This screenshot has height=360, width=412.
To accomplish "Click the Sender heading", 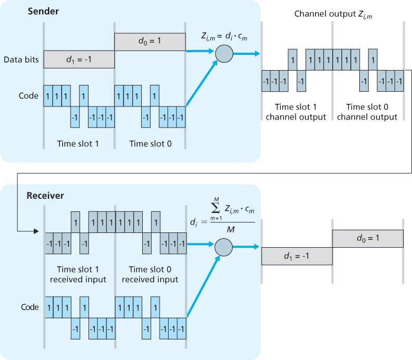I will [43, 11].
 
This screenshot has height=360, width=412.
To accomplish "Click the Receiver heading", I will [45, 196].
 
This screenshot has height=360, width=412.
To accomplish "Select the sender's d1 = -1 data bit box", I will [79, 60].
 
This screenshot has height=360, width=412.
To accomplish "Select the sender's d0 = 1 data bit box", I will [150, 41].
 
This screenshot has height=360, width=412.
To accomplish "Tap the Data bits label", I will [21, 60].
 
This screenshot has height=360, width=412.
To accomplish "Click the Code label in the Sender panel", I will [28, 95].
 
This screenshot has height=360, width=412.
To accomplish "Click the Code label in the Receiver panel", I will [30, 307].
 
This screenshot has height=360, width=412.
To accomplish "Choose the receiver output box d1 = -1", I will [297, 256].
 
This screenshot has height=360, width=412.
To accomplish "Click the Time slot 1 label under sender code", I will [78, 143].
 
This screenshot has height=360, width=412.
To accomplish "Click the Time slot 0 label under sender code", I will [150, 143].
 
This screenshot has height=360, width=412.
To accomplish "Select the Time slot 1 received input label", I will [78, 274].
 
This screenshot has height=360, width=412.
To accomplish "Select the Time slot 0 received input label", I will [150, 274].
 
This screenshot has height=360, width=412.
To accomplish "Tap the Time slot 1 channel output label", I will [296, 112].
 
